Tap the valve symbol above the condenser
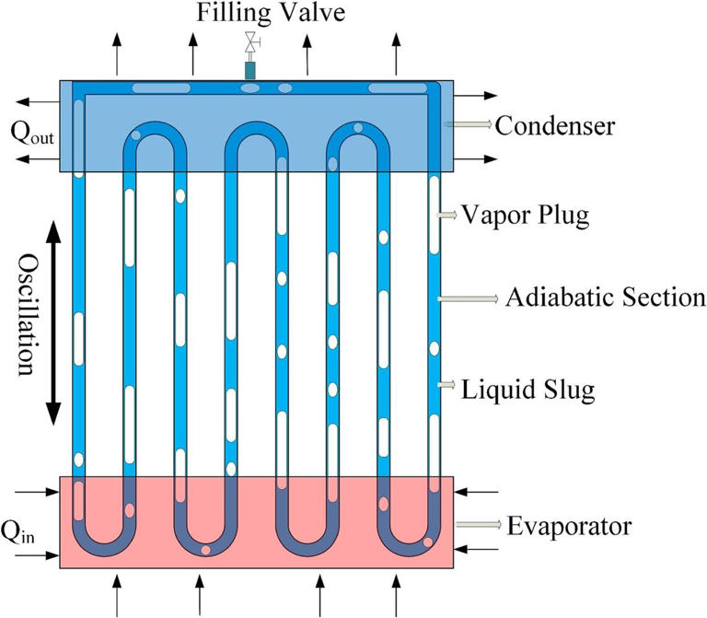click(x=250, y=42)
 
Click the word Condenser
click(x=554, y=124)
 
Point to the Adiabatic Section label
click(x=605, y=298)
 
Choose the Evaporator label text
click(x=569, y=526)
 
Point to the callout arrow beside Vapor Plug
click(x=446, y=215)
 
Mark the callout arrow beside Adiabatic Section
click(x=468, y=297)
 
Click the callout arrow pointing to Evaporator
click(x=479, y=525)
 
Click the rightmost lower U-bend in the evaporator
click(x=409, y=543)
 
